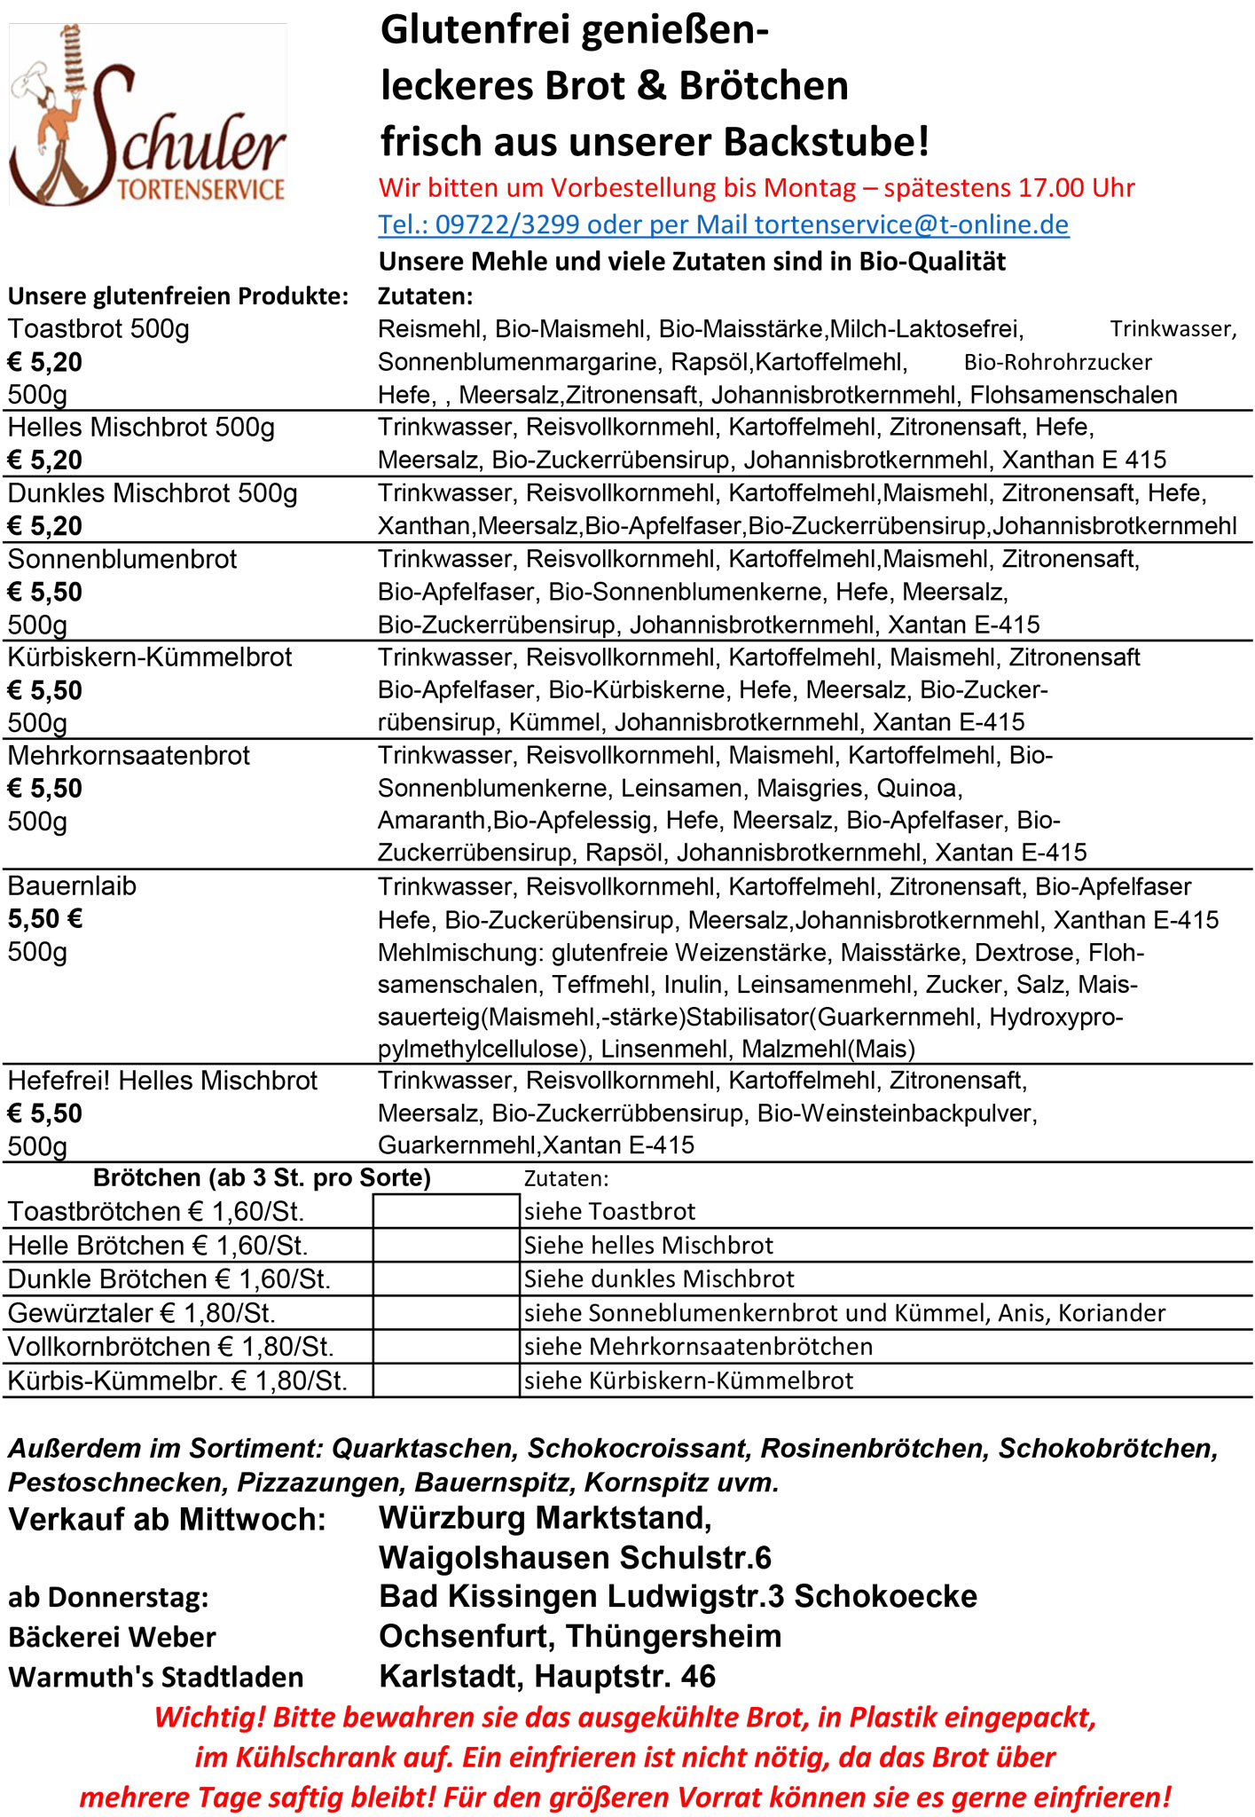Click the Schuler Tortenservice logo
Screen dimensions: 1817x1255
point(147,115)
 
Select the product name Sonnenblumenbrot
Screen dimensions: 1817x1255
point(122,559)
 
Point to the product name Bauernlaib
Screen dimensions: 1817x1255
point(72,885)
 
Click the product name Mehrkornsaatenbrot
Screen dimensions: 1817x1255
point(129,755)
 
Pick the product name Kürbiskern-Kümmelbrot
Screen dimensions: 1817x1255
point(150,657)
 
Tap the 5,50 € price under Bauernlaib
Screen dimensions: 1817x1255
point(45,918)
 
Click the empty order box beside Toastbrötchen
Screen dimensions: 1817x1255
point(446,1211)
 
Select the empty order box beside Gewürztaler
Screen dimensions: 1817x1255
point(446,1312)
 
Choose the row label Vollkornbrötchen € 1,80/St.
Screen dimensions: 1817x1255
point(171,1347)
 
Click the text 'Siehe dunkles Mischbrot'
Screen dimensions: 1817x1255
point(659,1278)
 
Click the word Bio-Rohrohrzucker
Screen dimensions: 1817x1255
point(1057,362)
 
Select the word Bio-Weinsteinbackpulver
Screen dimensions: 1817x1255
point(896,1113)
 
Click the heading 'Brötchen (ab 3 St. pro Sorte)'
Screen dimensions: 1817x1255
point(262,1177)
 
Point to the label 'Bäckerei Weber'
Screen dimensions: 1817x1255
point(112,1637)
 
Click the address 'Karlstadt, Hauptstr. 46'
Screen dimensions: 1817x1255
point(547,1676)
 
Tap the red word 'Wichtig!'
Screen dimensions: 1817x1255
point(209,1717)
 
